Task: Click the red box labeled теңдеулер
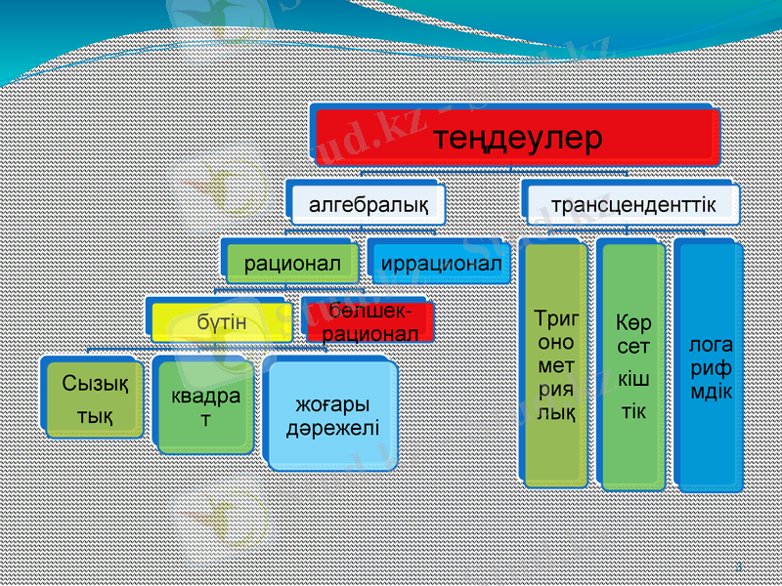coord(517,136)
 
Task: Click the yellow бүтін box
coord(221,321)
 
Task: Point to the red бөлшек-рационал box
coord(364,321)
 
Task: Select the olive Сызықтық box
coord(94,399)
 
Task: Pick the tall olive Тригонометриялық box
coord(556,364)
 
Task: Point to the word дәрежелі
coord(333,429)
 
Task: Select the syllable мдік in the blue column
coord(711,391)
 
